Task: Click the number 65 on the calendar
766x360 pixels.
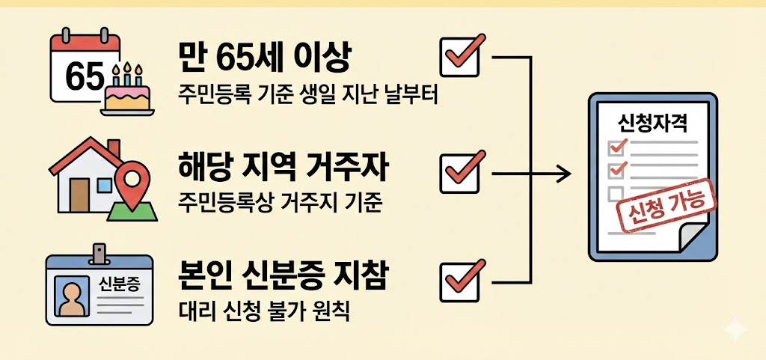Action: click(85, 76)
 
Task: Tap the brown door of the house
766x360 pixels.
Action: click(79, 195)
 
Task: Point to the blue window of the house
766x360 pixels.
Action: click(104, 185)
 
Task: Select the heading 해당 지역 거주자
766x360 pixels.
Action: click(284, 169)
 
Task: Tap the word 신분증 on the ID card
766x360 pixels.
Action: click(119, 284)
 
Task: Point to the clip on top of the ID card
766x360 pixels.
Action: click(99, 254)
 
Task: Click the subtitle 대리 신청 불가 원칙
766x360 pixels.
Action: click(264, 312)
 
